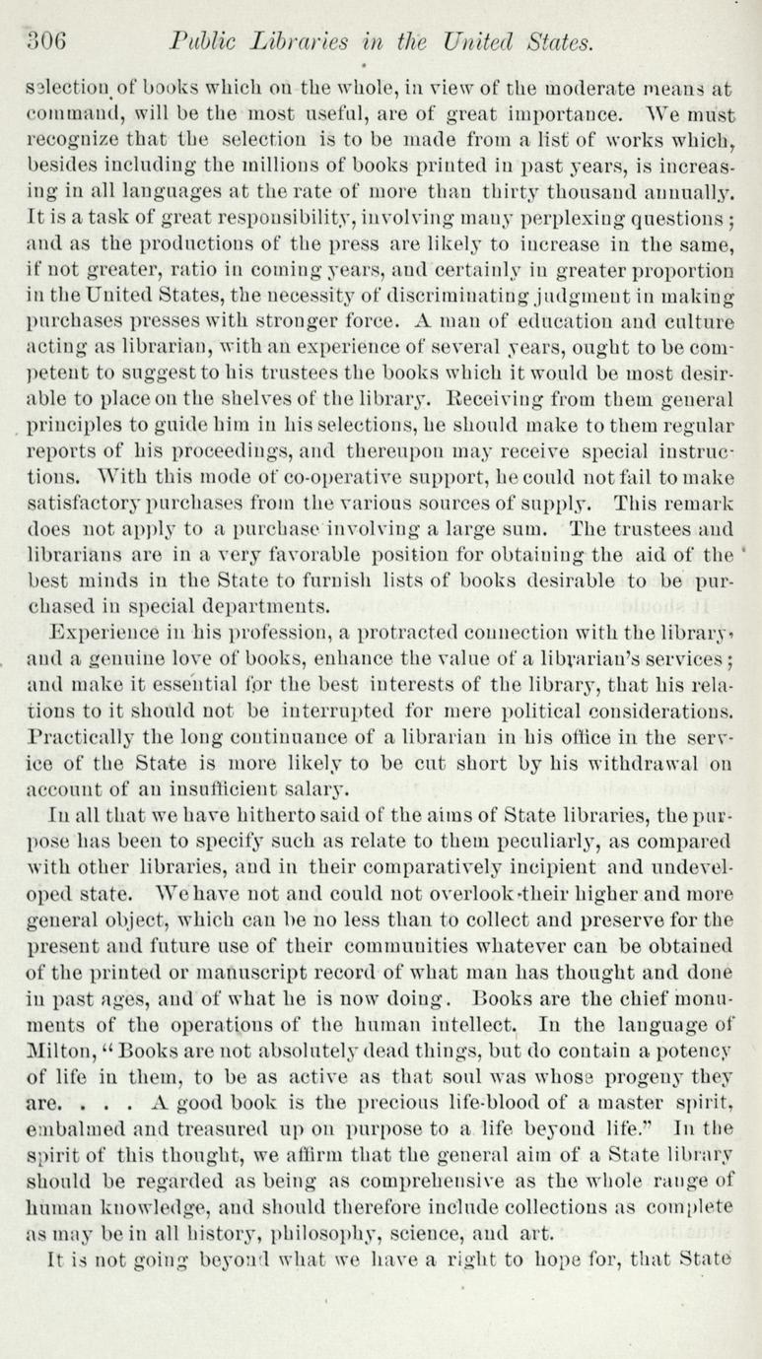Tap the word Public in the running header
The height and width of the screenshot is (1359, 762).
coord(203,42)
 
